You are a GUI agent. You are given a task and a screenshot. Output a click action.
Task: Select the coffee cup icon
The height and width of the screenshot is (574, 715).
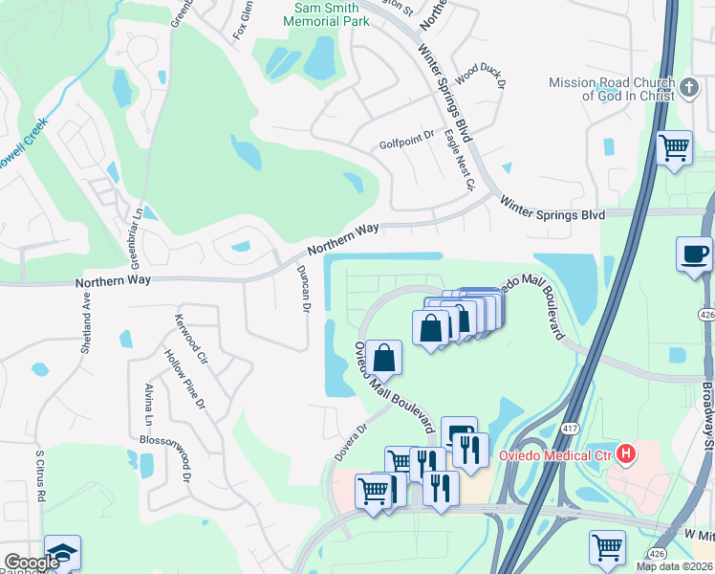point(693,254)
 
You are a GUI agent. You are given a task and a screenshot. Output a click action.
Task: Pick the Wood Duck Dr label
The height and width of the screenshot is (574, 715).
point(479,76)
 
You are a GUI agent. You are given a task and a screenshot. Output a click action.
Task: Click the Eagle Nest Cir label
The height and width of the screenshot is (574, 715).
point(459,162)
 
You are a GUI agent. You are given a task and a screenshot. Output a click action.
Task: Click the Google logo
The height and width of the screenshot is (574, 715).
point(32,563)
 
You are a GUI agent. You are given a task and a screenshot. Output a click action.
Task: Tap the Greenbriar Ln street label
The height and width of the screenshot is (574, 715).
point(136,236)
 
